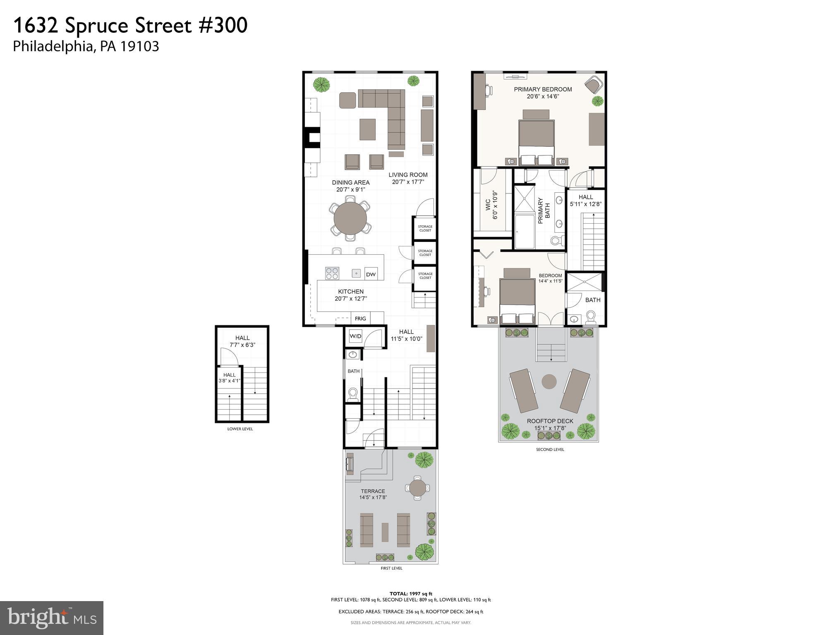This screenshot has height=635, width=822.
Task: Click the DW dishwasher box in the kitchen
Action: click(x=371, y=274)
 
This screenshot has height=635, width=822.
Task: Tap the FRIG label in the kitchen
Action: click(x=360, y=318)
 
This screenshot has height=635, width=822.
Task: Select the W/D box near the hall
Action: click(x=355, y=336)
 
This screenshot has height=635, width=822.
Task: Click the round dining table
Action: click(x=350, y=219)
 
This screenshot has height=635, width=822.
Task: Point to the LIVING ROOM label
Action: click(x=408, y=175)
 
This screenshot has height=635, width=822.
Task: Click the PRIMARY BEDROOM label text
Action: click(x=543, y=89)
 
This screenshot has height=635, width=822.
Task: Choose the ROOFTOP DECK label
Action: click(x=550, y=421)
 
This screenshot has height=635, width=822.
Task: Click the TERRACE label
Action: click(x=372, y=491)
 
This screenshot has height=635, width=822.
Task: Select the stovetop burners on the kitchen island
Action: click(x=332, y=273)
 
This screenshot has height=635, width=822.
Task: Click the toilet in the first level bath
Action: click(x=353, y=394)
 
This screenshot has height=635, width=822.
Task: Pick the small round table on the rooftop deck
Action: click(x=549, y=381)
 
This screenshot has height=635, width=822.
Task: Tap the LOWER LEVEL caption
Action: click(x=240, y=429)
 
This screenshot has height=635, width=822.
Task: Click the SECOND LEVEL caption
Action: click(x=550, y=449)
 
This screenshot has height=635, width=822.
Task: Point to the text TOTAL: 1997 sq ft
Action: click(x=410, y=594)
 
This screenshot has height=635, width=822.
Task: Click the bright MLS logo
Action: click(x=52, y=618)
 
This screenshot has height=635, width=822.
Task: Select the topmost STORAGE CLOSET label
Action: click(x=425, y=228)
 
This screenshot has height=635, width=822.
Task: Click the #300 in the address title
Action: click(x=223, y=26)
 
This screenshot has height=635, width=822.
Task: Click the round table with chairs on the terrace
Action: click(x=417, y=488)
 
